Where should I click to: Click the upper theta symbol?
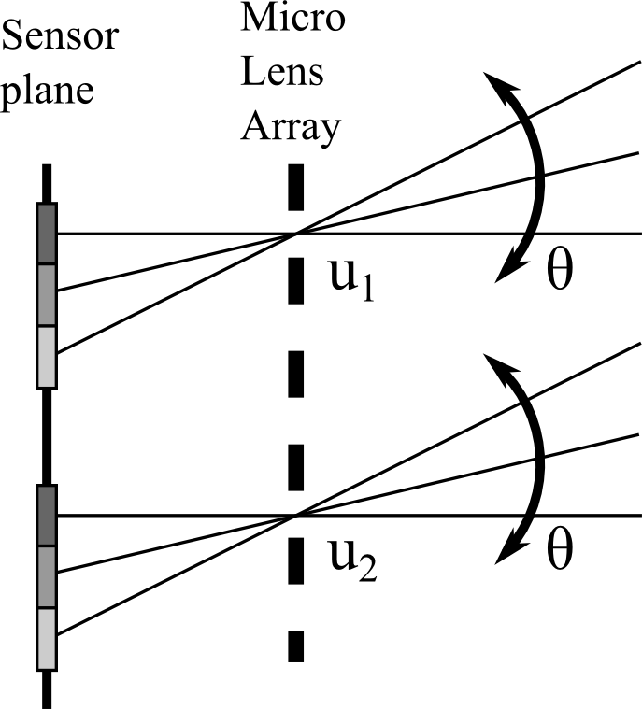point(559,274)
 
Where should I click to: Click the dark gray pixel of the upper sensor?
point(47,234)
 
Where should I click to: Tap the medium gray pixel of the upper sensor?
point(47,294)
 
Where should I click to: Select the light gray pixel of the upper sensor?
point(47,356)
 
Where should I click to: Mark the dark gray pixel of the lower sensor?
point(47,516)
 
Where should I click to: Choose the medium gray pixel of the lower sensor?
point(47,576)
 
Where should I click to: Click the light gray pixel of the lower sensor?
point(47,638)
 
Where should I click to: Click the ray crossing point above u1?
point(296,234)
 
